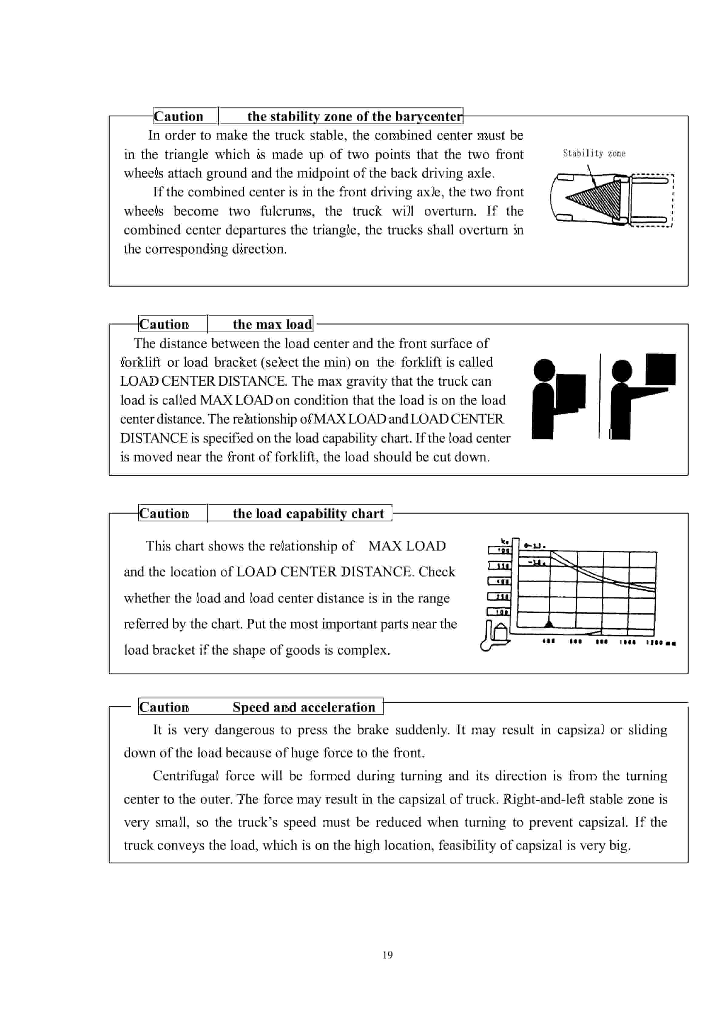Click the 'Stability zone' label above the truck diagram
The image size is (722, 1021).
pyautogui.click(x=594, y=153)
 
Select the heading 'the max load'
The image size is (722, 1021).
pyautogui.click(x=272, y=324)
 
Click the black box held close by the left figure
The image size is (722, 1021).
pyautogui.click(x=570, y=391)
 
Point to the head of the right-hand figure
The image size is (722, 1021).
pyautogui.click(x=622, y=370)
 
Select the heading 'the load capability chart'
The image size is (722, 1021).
pyautogui.click(x=308, y=513)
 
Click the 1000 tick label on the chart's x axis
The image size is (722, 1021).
pyautogui.click(x=627, y=642)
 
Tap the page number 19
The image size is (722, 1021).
pyautogui.click(x=387, y=955)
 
